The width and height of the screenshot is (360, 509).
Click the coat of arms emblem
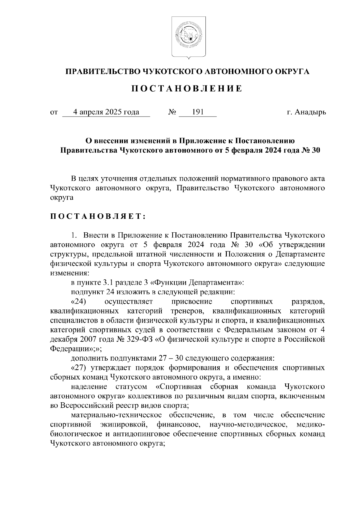[x=188, y=37]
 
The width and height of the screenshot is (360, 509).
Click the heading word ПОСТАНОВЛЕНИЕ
[x=188, y=89]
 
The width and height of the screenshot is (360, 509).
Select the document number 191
[x=198, y=112]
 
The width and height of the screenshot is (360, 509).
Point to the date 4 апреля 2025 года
[x=106, y=112]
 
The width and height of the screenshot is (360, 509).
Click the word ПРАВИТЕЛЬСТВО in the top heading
[x=101, y=71]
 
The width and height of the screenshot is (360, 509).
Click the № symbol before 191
[x=172, y=112]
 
